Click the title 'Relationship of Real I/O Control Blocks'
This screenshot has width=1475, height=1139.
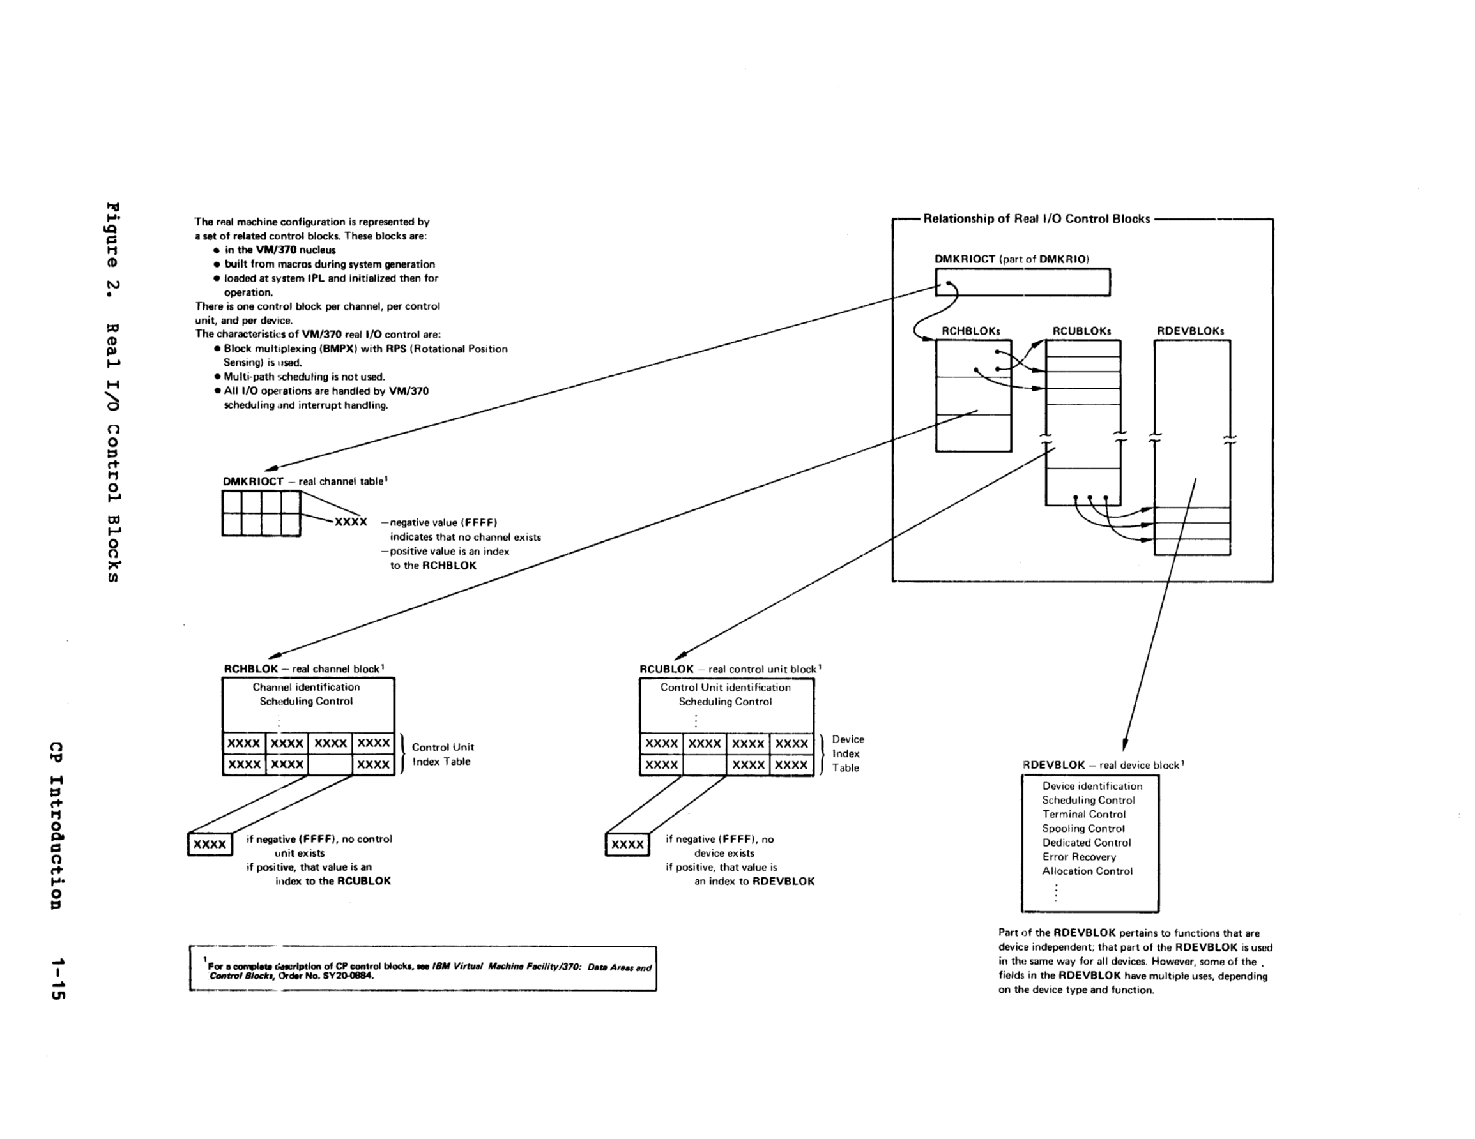point(1036,219)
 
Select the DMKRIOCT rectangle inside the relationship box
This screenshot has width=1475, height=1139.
point(1022,282)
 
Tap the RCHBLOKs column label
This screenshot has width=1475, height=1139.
point(970,331)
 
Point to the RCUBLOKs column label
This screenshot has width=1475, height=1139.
point(1081,331)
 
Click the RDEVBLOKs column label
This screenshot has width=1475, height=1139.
point(1190,331)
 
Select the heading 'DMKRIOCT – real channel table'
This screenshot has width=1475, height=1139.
point(305,481)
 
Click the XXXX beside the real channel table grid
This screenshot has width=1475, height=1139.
point(351,522)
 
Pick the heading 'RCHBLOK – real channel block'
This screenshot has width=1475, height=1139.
point(304,669)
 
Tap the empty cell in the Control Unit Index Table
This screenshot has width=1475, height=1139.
point(330,765)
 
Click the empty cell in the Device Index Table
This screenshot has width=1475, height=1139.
point(705,765)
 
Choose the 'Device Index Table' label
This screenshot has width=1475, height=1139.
point(848,753)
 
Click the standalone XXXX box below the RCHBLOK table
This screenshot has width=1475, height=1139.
point(210,845)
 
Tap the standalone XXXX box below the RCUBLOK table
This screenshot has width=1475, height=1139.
point(627,845)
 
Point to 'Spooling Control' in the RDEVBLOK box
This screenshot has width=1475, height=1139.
point(1083,829)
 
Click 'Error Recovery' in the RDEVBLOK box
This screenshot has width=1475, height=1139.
point(1078,857)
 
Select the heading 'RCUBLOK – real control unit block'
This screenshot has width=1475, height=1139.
point(730,669)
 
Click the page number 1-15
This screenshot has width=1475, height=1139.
point(57,978)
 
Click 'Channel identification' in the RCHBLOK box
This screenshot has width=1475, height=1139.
point(306,688)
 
